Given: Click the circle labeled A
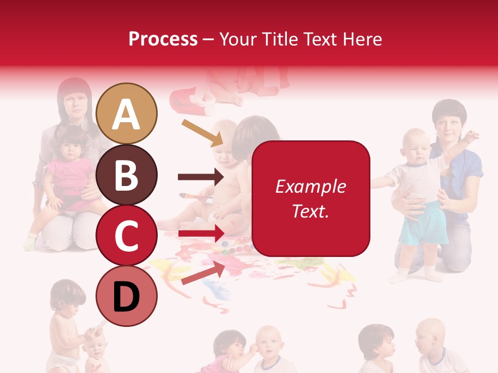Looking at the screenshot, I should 127,113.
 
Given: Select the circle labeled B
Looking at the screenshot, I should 127,175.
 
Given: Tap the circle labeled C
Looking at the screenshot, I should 127,236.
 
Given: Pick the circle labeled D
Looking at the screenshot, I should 127,296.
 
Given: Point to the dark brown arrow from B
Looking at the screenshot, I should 200,177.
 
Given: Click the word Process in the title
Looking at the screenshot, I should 163,39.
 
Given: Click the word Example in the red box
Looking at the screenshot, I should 310,187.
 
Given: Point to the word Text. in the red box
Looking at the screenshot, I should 310,211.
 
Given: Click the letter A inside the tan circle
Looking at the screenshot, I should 127,114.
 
